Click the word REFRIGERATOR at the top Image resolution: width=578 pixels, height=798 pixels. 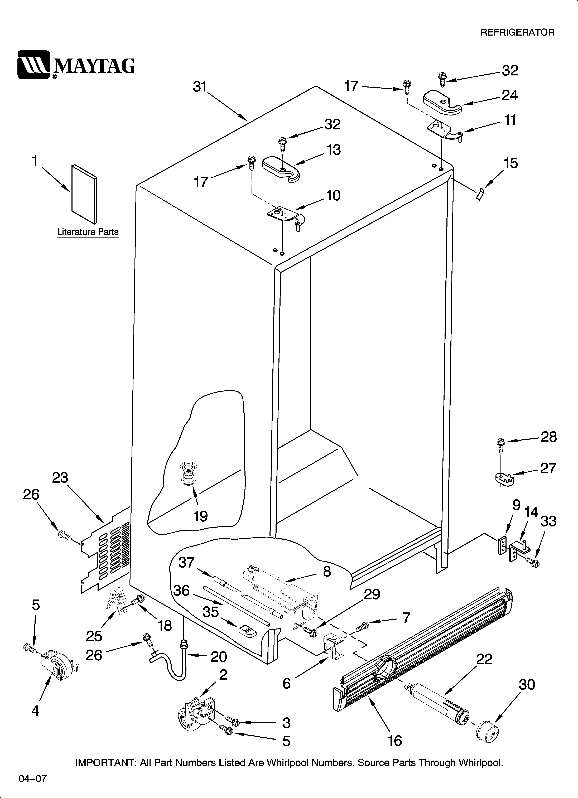click(517, 32)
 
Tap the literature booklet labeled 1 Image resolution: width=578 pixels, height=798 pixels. click(84, 194)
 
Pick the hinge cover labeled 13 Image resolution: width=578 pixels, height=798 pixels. click(281, 169)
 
